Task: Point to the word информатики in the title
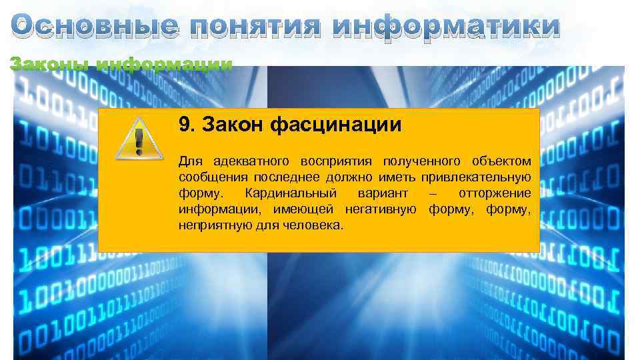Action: [446, 26]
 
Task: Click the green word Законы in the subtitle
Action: [50, 65]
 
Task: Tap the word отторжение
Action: [495, 193]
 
